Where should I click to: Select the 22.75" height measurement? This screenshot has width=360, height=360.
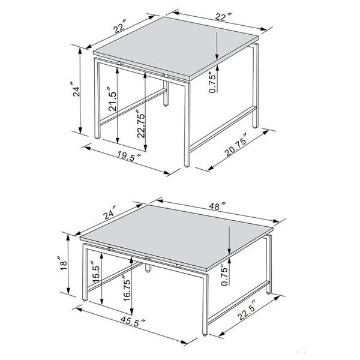[140, 122]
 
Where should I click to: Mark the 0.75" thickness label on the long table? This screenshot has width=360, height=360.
[226, 274]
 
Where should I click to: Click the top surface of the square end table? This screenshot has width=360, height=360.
[174, 51]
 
